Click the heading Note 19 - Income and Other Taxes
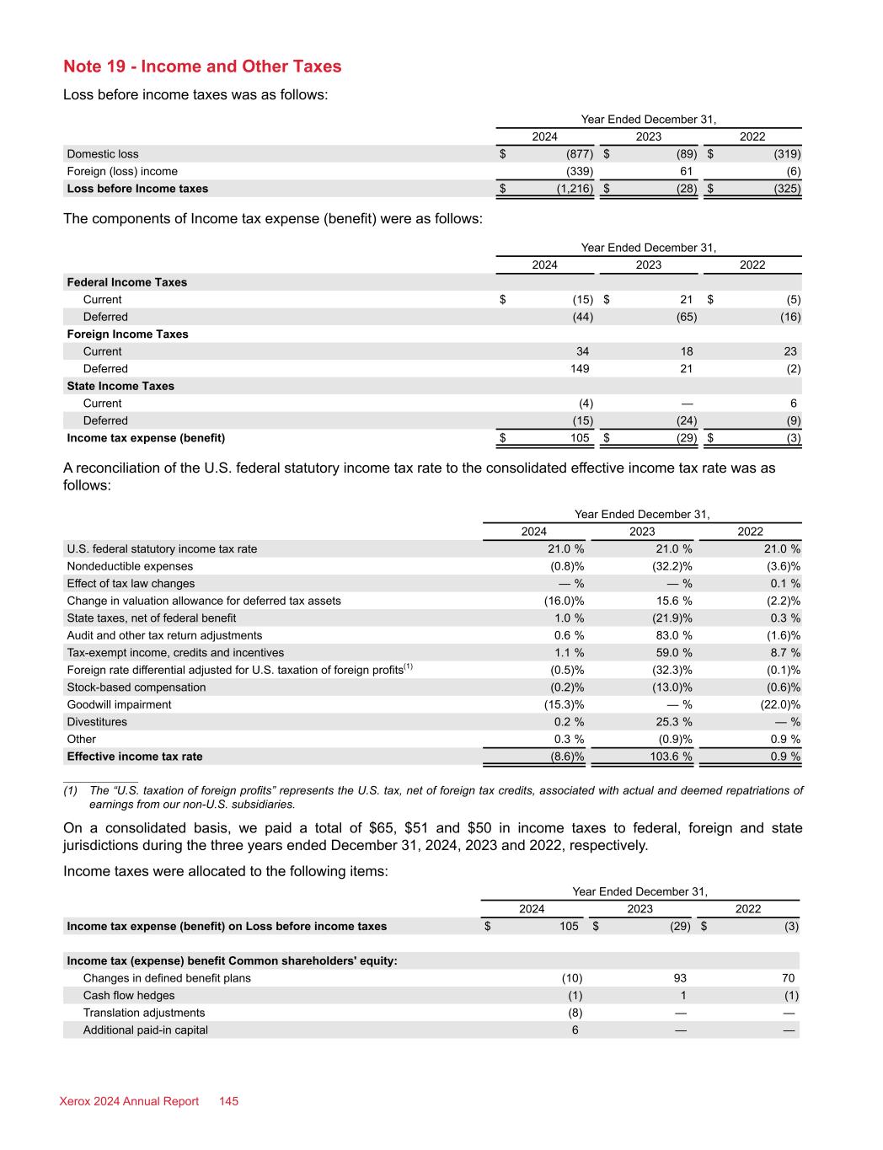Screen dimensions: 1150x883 [x=202, y=67]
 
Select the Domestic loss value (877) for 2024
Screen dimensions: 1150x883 [x=579, y=154]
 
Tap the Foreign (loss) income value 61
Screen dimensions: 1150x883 [x=686, y=171]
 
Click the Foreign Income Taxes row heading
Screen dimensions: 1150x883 [x=127, y=334]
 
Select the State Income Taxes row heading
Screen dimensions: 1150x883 [x=120, y=386]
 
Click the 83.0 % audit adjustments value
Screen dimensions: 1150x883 [x=672, y=635]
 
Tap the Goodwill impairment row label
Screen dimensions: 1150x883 [x=119, y=704]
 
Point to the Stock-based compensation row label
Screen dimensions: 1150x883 [x=136, y=687]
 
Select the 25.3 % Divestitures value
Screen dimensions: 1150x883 [x=672, y=722]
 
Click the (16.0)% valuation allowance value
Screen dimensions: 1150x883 [x=564, y=601]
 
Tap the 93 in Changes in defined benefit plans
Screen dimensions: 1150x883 [x=679, y=978]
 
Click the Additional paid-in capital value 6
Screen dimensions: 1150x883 [x=575, y=1030]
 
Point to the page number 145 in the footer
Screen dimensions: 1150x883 [x=229, y=1101]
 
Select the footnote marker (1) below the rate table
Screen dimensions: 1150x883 [x=71, y=791]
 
